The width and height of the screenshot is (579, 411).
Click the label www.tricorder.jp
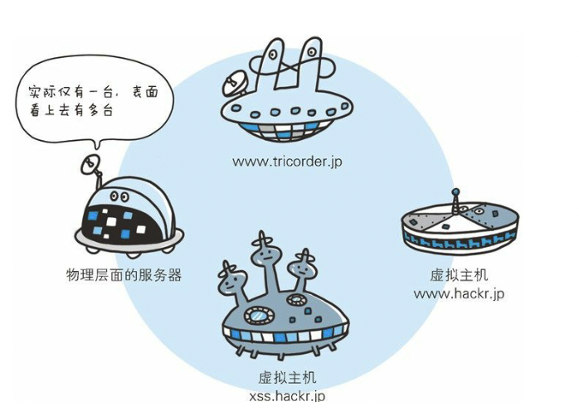[286, 162]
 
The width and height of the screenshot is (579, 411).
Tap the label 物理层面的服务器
[124, 274]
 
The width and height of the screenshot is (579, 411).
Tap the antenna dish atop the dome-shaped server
[89, 164]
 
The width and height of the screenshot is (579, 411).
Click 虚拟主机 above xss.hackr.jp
[286, 379]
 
